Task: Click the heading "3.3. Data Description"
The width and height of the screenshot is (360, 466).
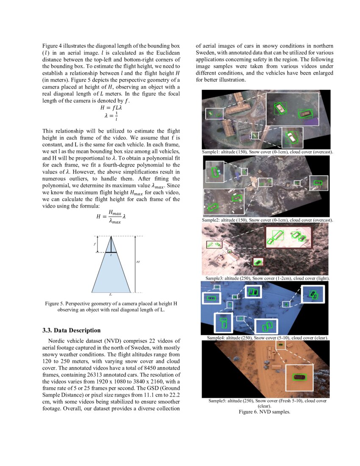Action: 72,330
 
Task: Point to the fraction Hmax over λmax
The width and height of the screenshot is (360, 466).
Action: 115,216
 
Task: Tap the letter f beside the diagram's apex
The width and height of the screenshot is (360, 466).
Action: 94,244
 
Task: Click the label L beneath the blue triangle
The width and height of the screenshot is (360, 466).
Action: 111,294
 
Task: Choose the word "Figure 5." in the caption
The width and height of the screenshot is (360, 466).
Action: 55,304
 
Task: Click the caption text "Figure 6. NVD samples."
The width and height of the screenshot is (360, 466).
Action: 264,412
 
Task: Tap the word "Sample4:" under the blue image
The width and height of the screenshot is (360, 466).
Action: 216,338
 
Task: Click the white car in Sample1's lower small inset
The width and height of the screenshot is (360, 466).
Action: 292,136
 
